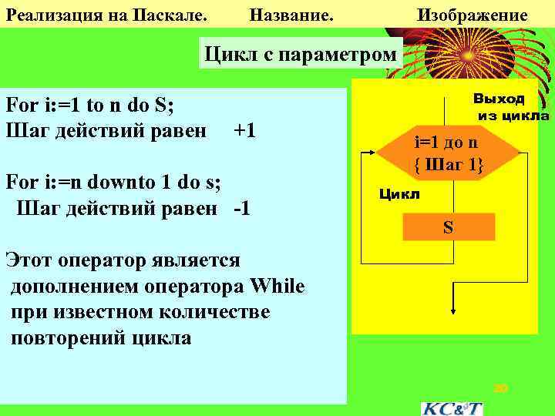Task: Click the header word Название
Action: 292,15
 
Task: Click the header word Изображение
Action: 472,15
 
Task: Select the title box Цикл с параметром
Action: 300,55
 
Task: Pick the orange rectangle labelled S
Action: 448,227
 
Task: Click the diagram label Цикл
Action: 399,194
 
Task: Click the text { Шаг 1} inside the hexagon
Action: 447,163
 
